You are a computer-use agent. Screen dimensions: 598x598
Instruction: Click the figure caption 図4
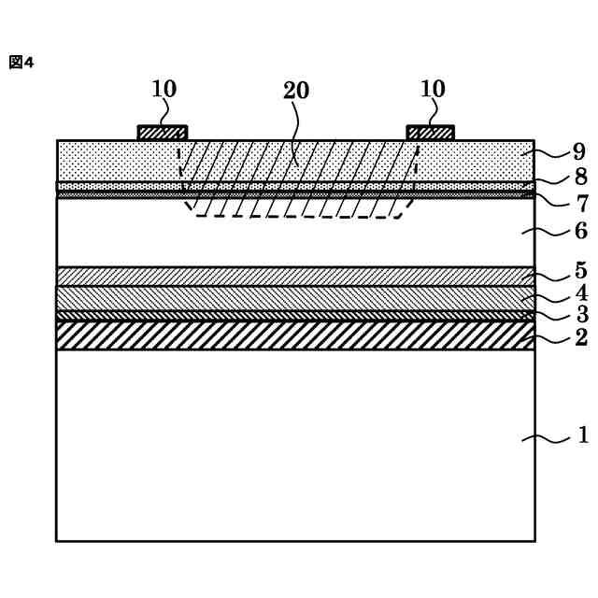click(21, 63)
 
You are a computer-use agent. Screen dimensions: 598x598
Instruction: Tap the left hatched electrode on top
click(163, 133)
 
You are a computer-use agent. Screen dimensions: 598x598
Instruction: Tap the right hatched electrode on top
click(431, 133)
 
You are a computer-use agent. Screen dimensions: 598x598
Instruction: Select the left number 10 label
click(164, 89)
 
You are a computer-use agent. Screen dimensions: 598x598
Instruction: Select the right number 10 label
click(433, 89)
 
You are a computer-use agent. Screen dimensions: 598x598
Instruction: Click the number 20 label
click(296, 91)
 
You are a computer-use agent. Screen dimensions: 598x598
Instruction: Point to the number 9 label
click(579, 150)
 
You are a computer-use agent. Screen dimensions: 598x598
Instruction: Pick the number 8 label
click(579, 176)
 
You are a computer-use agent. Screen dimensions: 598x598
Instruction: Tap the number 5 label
click(580, 271)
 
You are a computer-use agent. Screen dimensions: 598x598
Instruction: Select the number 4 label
click(580, 292)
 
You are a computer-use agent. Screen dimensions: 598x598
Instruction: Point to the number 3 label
click(580, 314)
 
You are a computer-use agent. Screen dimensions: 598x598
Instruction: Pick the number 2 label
click(580, 337)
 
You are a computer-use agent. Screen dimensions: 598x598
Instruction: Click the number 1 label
click(583, 434)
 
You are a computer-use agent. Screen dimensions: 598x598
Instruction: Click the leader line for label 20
click(296, 131)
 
